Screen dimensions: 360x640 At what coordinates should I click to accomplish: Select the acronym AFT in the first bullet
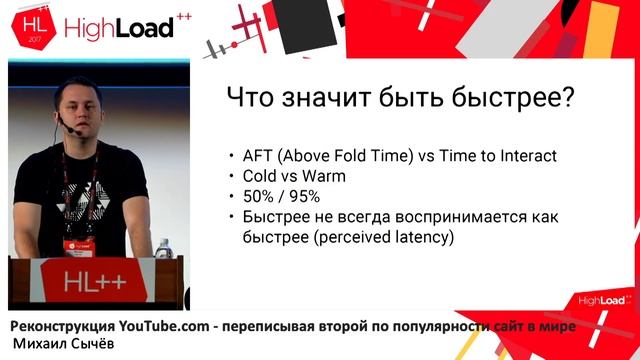[x=257, y=156]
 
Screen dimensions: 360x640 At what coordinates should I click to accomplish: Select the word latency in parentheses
[x=419, y=237]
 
